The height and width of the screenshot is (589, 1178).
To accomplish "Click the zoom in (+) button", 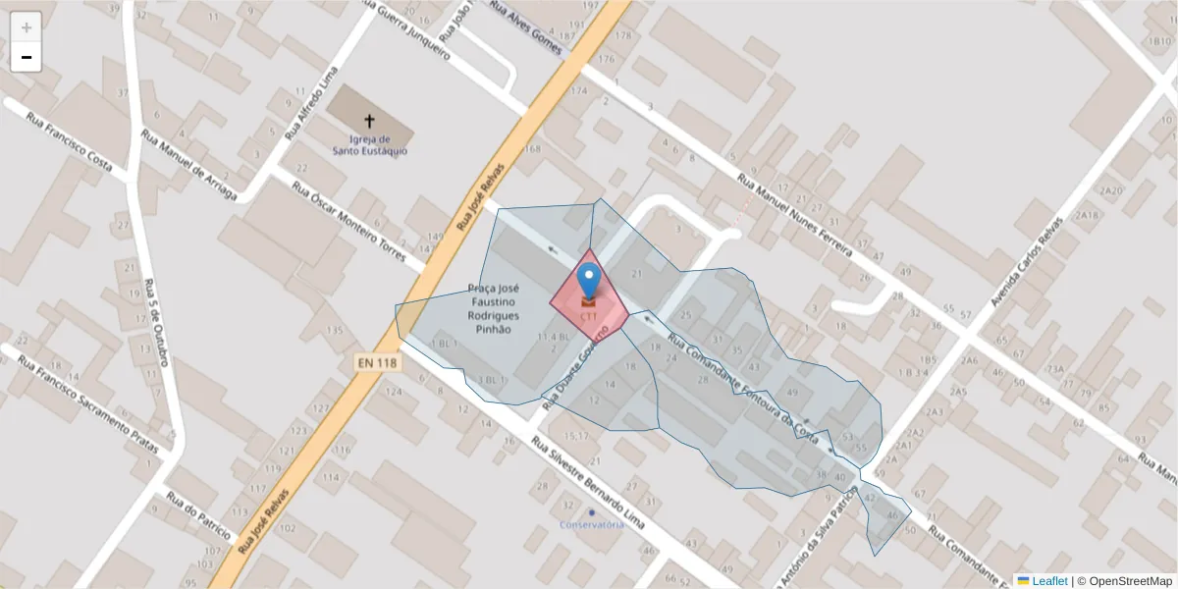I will coord(27,27).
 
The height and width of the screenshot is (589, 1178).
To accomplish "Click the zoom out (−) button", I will coord(27,58).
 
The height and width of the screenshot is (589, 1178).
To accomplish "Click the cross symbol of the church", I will coord(370,121).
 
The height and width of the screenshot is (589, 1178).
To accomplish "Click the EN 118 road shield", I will coord(377,363).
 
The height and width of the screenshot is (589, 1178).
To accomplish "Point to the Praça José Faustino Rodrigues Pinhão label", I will coord(494,309).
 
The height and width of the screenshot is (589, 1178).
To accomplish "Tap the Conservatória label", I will coord(592,524).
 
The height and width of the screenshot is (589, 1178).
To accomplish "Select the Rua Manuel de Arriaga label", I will coord(188,165).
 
